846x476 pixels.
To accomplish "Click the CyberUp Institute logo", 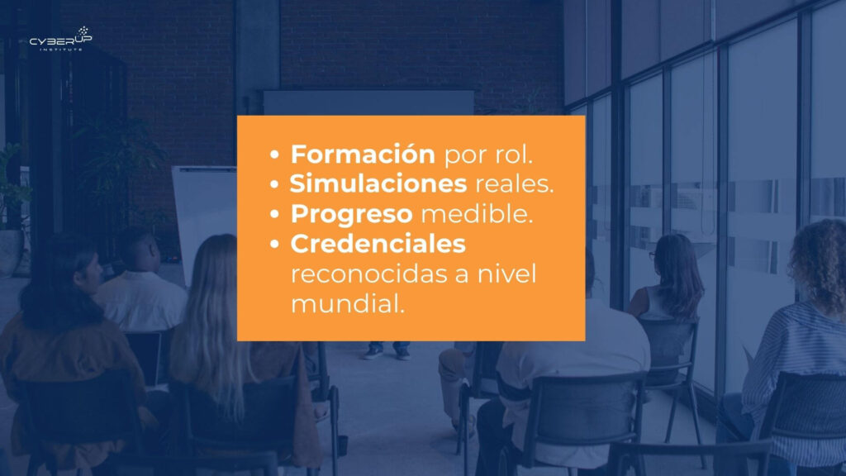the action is point(61,39).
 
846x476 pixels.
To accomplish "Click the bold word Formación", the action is point(363,155).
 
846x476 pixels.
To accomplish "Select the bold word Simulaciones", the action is point(378,183).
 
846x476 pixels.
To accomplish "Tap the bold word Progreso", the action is point(352,214).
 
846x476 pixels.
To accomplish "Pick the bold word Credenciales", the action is point(378,244).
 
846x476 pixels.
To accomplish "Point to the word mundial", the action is point(348,303).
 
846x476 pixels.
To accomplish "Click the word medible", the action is point(477,214).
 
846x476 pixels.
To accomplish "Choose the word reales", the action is point(514,184).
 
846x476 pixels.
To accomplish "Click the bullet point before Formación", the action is point(274,155).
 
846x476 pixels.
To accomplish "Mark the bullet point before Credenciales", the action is point(274,245).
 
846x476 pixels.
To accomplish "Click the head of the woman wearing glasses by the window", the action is point(671,259).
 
